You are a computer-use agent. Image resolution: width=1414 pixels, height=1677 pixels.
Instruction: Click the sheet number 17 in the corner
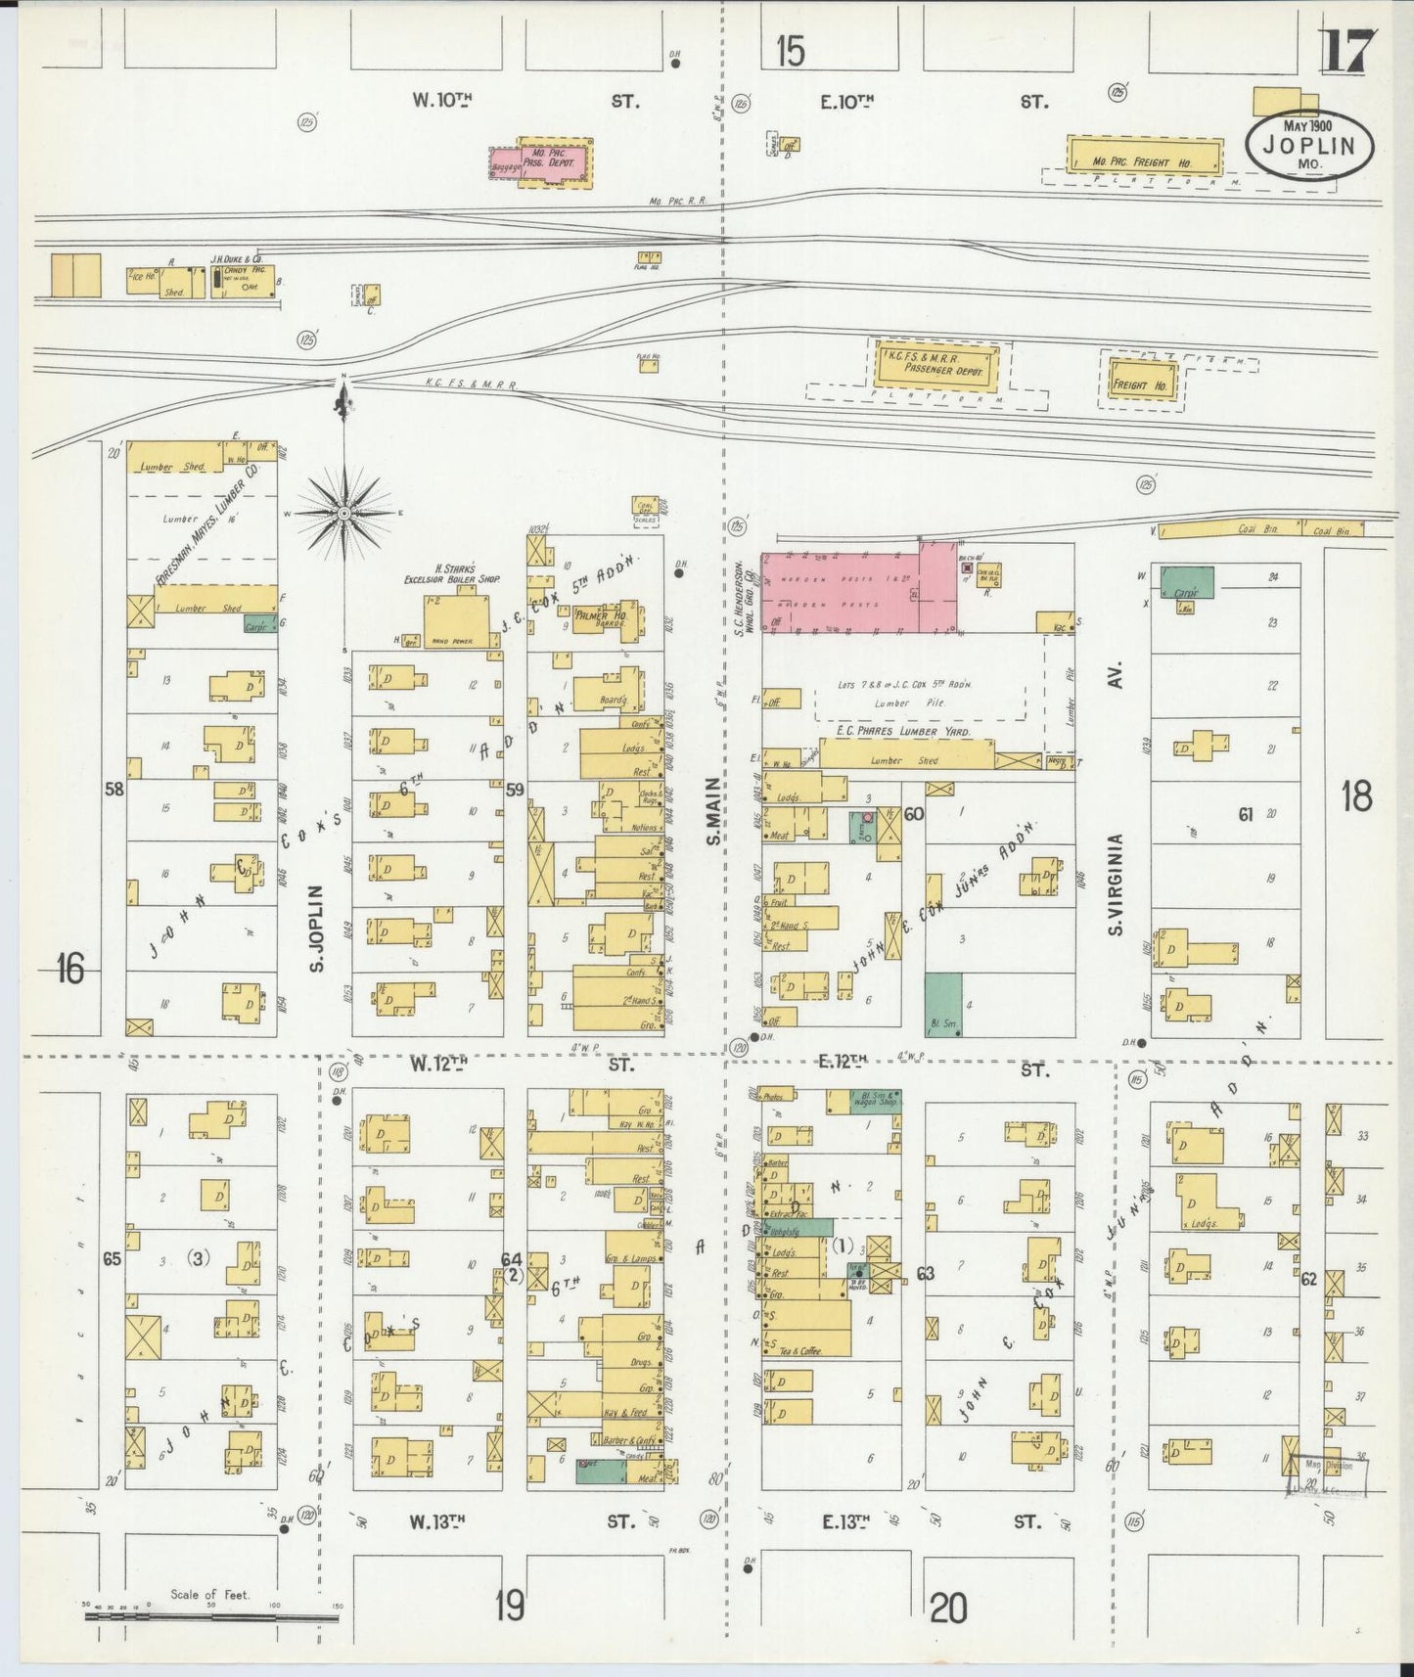tap(1347, 51)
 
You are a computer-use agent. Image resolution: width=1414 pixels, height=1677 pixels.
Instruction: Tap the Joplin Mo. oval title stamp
tap(1309, 145)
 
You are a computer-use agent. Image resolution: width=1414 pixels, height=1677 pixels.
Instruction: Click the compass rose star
tap(344, 512)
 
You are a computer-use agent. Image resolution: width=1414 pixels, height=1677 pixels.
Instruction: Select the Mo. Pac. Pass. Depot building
tap(555, 161)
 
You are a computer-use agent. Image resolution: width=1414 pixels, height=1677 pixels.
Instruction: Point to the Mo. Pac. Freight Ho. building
tap(1145, 155)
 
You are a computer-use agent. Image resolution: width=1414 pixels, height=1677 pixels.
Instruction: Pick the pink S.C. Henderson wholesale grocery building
tap(858, 587)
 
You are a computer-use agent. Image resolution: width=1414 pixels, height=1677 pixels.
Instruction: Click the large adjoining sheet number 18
tap(1356, 796)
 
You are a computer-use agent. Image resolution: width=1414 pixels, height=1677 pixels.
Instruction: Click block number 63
tap(925, 1273)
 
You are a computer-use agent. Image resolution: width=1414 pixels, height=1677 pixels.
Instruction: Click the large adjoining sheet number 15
tap(791, 51)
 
